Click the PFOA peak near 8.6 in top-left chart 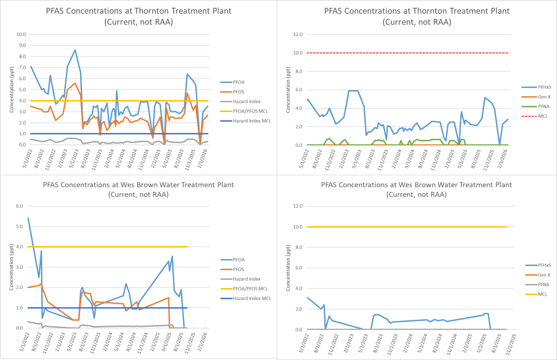click(x=75, y=50)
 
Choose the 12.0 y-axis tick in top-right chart click(x=298, y=34)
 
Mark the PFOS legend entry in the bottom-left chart click(x=238, y=269)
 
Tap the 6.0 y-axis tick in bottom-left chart click(x=19, y=206)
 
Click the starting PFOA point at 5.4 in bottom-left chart click(x=28, y=218)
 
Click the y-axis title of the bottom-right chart click(x=288, y=268)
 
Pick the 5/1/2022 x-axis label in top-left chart click(x=27, y=159)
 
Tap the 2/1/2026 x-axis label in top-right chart click(x=502, y=159)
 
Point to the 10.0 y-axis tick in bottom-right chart click(x=298, y=227)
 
